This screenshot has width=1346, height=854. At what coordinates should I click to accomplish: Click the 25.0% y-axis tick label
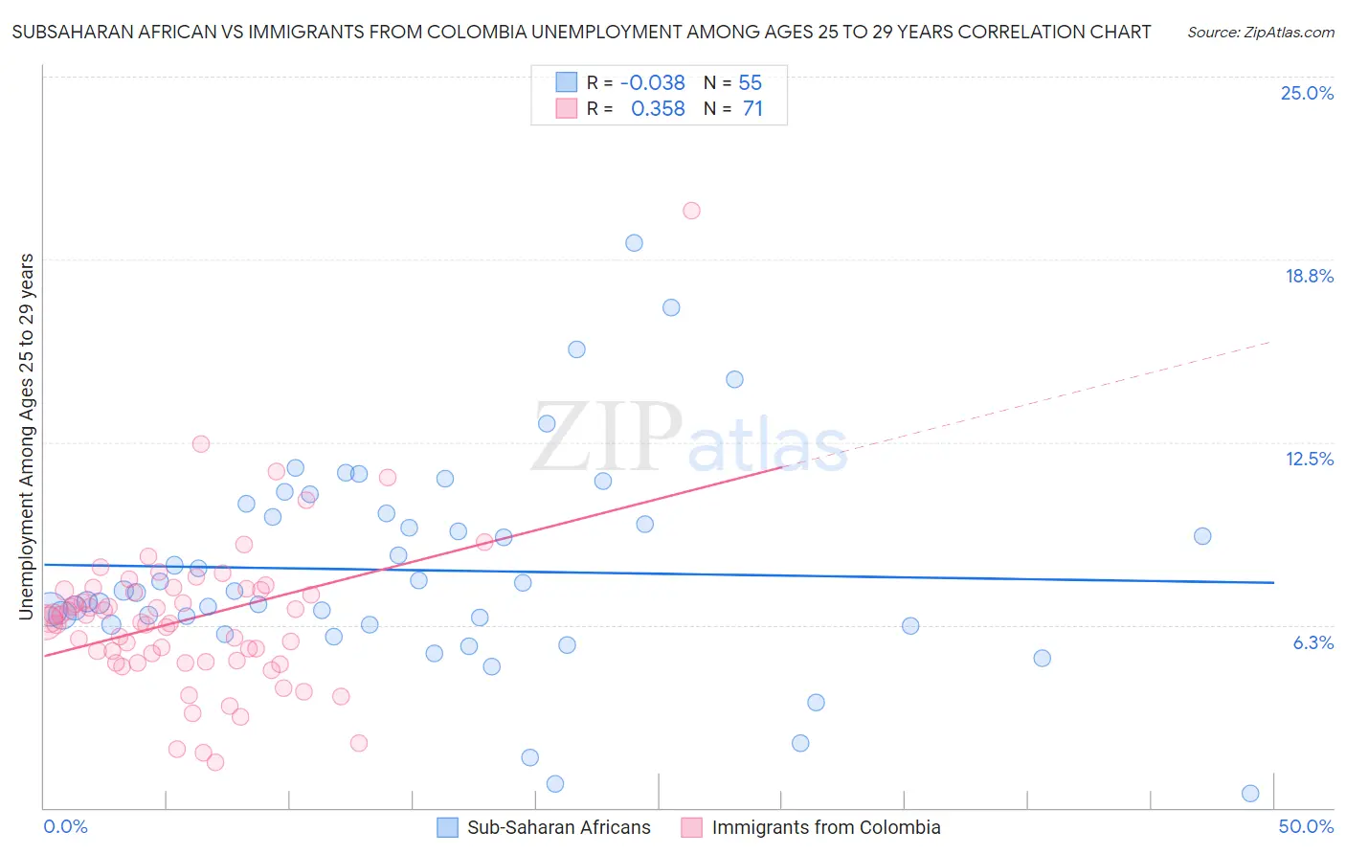click(1307, 94)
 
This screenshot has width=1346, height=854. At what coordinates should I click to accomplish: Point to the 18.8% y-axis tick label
click(1309, 277)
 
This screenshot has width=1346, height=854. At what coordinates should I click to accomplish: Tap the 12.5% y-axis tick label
click(1309, 460)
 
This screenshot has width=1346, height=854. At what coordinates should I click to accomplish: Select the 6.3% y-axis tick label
click(1312, 643)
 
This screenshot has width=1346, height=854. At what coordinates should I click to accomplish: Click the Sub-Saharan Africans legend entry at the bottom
click(558, 828)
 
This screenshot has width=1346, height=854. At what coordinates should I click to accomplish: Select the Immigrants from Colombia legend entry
click(825, 828)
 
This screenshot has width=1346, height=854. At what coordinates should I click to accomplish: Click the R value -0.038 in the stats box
click(652, 83)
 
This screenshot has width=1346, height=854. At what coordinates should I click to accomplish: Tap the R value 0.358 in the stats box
click(658, 109)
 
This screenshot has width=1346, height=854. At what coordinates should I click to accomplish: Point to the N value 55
click(750, 83)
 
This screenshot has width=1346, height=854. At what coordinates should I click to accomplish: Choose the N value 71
click(752, 109)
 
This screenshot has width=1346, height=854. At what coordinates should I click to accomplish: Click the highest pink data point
click(691, 211)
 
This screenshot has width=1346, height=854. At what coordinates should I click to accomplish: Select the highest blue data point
click(634, 243)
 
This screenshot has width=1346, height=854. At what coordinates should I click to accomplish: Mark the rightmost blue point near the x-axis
click(1249, 794)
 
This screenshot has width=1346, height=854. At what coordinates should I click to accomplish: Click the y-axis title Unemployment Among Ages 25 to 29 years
click(27, 437)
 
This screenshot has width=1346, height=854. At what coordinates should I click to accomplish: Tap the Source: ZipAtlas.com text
click(1260, 33)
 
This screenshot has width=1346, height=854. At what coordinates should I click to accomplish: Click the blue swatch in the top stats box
click(567, 82)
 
